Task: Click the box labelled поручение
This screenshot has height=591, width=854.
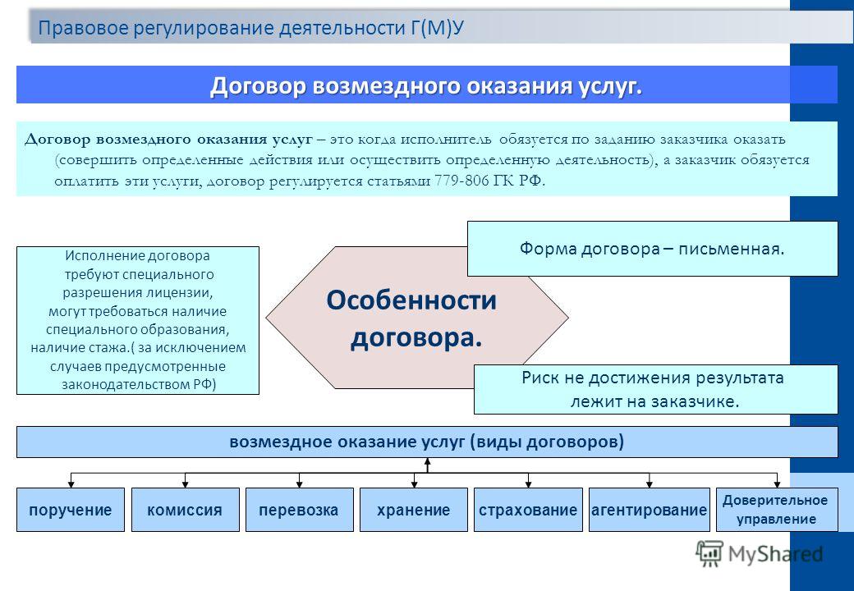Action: pyautogui.click(x=71, y=510)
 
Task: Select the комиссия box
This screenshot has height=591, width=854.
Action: pyautogui.click(x=186, y=510)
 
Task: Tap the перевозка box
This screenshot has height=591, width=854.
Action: pyautogui.click(x=299, y=510)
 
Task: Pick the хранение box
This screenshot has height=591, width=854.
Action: pyautogui.click(x=413, y=510)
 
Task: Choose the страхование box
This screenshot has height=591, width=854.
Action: pyautogui.click(x=528, y=510)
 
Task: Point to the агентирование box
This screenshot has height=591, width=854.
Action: pyautogui.click(x=650, y=510)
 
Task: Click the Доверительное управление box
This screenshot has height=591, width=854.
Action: pyautogui.click(x=777, y=510)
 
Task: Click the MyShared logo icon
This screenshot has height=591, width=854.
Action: pyautogui.click(x=709, y=554)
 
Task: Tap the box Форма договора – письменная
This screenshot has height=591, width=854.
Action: pyautogui.click(x=653, y=249)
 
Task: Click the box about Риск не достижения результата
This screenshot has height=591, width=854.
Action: pyautogui.click(x=656, y=390)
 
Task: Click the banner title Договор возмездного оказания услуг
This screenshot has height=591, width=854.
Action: pyautogui.click(x=426, y=85)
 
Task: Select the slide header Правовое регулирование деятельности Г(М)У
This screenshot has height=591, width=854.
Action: pyautogui.click(x=251, y=28)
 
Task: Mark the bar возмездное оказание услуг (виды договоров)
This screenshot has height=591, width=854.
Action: pyautogui.click(x=427, y=442)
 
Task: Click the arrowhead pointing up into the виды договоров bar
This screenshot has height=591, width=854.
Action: pyautogui.click(x=428, y=462)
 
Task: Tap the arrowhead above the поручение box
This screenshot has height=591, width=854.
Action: pyautogui.click(x=71, y=483)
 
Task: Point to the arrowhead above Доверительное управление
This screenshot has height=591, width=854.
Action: pyautogui.click(x=777, y=483)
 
